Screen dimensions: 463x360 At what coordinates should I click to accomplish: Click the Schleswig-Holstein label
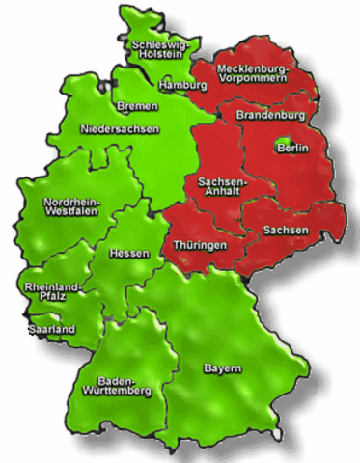coord(160,49)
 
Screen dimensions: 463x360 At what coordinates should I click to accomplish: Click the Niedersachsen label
coord(120,128)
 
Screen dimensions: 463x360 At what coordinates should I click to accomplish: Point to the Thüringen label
coord(200,246)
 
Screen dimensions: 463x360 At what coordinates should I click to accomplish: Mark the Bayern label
coord(222,369)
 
